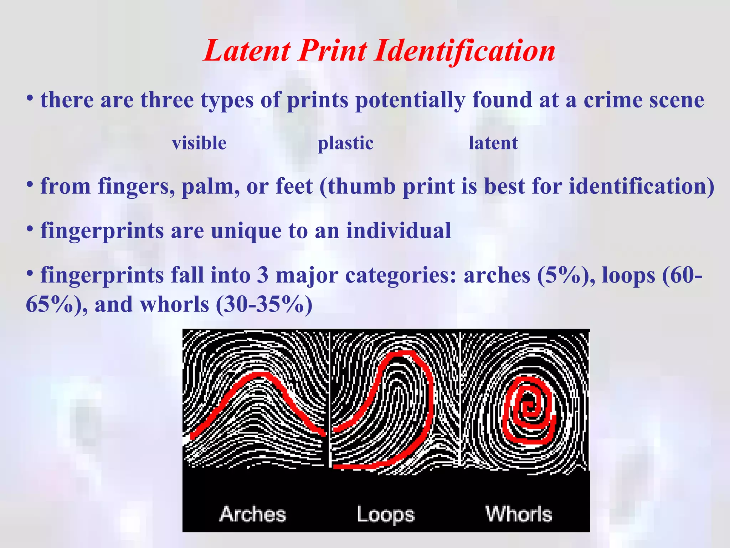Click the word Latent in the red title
247,51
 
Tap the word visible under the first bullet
199,143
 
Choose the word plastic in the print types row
345,143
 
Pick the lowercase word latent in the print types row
493,143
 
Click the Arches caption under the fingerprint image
253,514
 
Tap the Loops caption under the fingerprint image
386,514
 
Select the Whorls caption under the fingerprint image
519,514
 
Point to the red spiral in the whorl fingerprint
528,410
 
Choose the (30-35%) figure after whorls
264,305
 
